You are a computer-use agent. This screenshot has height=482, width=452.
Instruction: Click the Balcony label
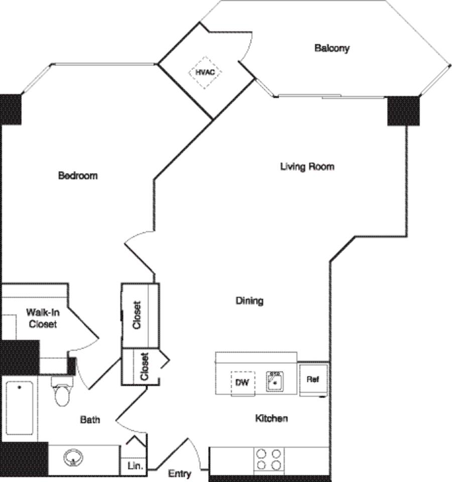coord(332,48)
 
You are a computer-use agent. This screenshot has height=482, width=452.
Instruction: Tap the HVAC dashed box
coord(205,72)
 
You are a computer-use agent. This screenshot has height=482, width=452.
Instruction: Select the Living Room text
coord(307,166)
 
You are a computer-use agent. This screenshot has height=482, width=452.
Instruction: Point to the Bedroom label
coord(78,176)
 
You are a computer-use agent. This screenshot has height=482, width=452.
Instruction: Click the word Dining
coord(249,301)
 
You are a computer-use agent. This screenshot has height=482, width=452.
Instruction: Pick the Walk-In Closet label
coord(43,318)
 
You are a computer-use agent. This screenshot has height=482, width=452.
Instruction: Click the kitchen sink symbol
coord(274,382)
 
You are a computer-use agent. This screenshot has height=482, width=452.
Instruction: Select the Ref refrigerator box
coord(314,380)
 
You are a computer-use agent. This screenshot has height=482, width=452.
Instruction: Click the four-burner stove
coord(268,459)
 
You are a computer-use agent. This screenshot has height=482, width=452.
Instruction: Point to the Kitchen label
coord(271,418)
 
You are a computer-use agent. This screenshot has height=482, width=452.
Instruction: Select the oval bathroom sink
coord(73,458)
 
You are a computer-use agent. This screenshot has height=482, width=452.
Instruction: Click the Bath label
coord(90,420)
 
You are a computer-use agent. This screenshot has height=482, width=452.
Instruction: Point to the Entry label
coord(179,473)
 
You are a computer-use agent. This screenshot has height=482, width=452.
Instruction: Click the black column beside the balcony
coord(403,110)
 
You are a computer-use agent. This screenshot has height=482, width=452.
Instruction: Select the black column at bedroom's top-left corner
coord(10,109)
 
